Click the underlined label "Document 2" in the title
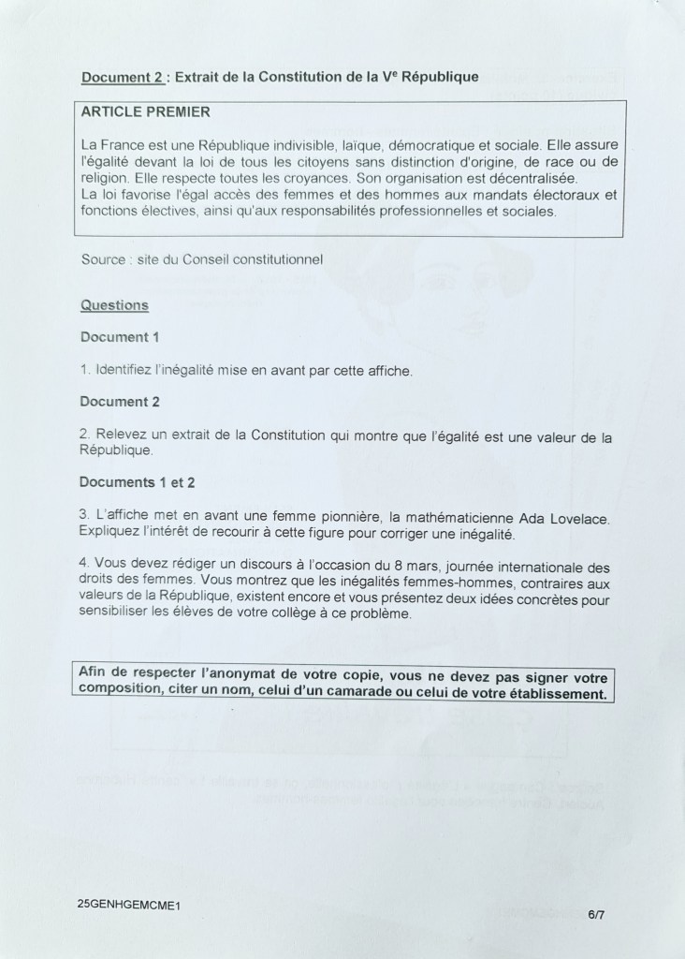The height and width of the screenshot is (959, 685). pyautogui.click(x=123, y=78)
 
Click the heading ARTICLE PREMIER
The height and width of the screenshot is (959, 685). pyautogui.click(x=146, y=111)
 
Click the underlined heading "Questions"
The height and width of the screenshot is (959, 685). pyautogui.click(x=114, y=305)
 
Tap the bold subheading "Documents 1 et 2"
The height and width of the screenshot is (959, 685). pyautogui.click(x=138, y=482)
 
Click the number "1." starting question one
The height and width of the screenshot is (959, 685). pyautogui.click(x=85, y=372)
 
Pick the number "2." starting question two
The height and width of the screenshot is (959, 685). pyautogui.click(x=85, y=435)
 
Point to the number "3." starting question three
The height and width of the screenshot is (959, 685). pyautogui.click(x=85, y=517)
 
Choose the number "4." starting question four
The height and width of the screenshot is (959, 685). pyautogui.click(x=85, y=567)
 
